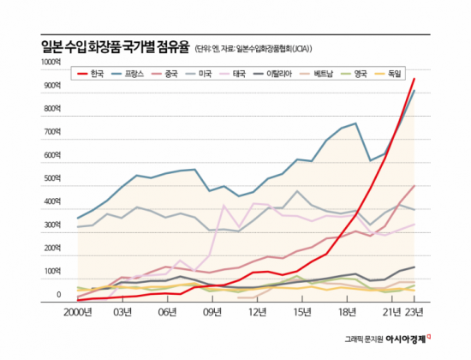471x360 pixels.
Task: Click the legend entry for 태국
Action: click(254, 75)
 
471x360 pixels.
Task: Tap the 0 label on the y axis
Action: click(58, 296)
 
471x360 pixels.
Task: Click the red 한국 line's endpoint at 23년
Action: click(415, 79)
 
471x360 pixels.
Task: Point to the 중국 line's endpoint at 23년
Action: click(415, 185)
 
